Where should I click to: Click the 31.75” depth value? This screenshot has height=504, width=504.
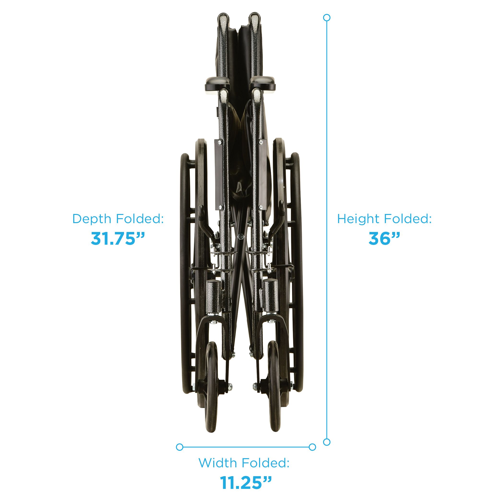(117, 238)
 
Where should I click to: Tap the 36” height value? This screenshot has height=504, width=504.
(384, 238)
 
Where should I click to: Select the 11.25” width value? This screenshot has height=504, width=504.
(246, 482)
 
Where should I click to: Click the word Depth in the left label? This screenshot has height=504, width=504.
(92, 219)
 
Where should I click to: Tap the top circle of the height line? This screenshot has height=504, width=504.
(327, 18)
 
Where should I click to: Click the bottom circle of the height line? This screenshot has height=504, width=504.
(327, 442)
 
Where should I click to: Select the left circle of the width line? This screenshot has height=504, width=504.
(179, 447)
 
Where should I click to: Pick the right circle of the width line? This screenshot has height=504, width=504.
(312, 447)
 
